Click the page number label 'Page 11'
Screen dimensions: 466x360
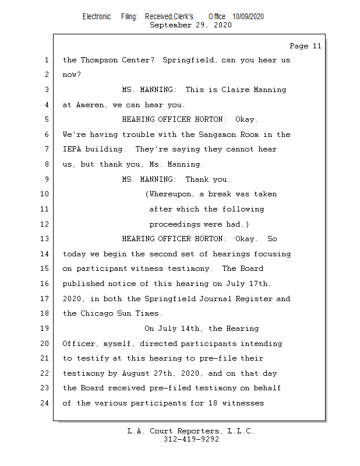click(305, 46)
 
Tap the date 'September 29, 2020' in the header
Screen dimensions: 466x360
click(190, 25)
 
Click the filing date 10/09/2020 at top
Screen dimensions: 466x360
click(248, 16)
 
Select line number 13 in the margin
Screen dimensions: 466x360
click(45, 239)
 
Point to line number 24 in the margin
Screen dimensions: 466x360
click(45, 403)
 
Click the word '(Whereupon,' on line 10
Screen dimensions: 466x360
click(169, 194)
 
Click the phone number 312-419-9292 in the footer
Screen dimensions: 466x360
click(192, 439)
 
